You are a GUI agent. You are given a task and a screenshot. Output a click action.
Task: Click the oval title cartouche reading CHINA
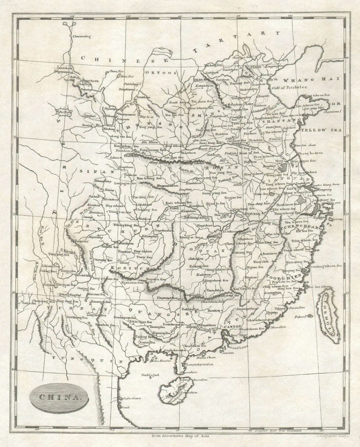click(54, 398)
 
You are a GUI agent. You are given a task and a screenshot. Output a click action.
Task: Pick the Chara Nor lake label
click(116, 72)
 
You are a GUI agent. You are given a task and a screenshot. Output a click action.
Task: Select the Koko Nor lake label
click(63, 111)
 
